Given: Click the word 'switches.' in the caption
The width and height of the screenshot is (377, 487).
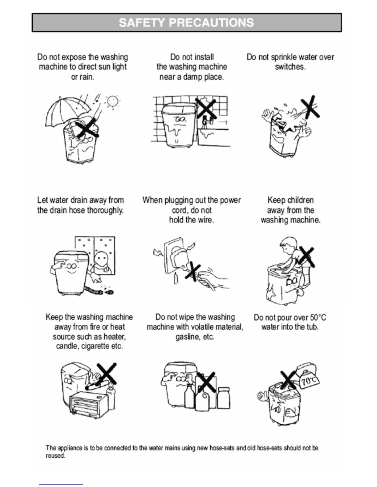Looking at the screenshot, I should (290, 67).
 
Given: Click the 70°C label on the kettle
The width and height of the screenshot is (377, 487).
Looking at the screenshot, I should (309, 382).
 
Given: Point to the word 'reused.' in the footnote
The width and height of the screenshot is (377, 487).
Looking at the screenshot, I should (55, 456).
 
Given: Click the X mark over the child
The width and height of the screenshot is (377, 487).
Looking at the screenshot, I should (306, 257).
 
